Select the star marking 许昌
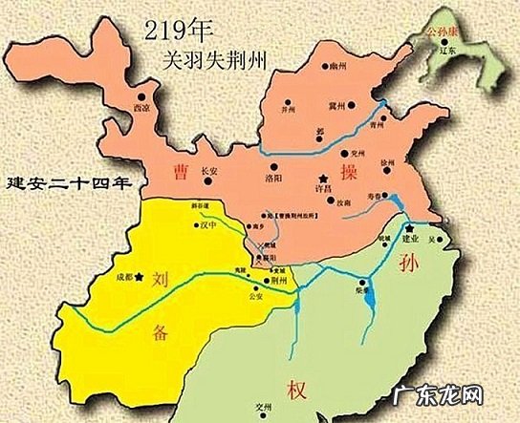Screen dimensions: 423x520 click(x=324, y=178)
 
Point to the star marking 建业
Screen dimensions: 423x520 click(x=408, y=229)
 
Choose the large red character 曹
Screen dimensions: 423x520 click(x=179, y=173)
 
